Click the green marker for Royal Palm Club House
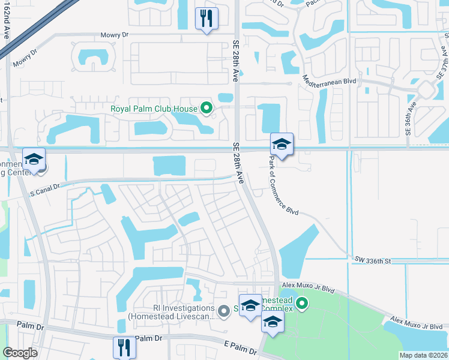(207, 109)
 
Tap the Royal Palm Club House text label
(155, 109)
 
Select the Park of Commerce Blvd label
(283, 185)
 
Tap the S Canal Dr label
(45, 187)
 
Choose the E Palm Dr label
(241, 347)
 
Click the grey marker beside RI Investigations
(224, 310)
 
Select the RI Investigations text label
(171, 313)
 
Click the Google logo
(20, 353)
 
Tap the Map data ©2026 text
(424, 355)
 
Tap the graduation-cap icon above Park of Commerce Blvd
(282, 144)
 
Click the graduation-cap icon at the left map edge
(34, 160)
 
